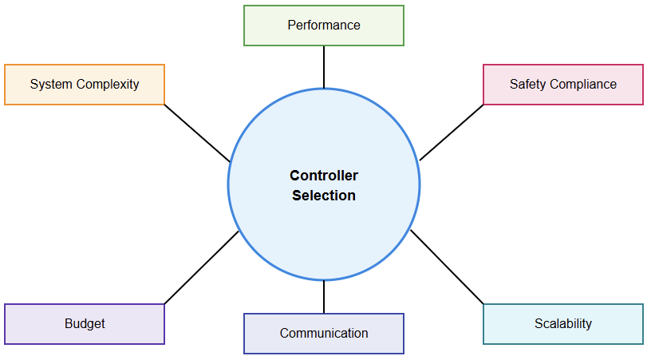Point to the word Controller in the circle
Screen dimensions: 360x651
point(323,176)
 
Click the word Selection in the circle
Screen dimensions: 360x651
point(323,196)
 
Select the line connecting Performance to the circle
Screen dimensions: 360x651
point(324,67)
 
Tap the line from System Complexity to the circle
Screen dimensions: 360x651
point(196,133)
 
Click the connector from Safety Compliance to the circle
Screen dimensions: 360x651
point(452,133)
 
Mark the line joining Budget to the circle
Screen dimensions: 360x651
point(201,267)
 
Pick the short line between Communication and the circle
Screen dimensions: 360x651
point(324,296)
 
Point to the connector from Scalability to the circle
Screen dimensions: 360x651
point(447,267)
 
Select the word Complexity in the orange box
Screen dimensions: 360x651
point(106,84)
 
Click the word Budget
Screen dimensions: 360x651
point(85,323)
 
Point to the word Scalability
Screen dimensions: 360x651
point(563,323)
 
